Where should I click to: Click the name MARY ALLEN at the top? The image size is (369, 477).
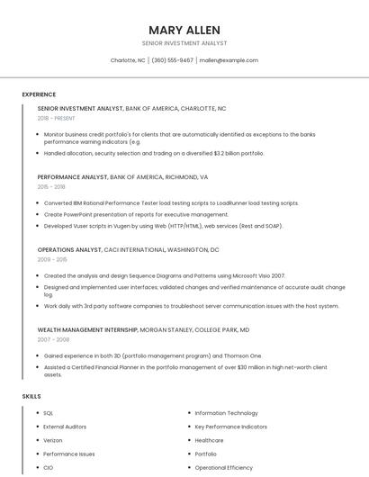pyautogui.click(x=184, y=30)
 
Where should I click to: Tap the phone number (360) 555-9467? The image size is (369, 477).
pyautogui.click(x=172, y=60)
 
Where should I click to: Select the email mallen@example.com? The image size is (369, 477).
pyautogui.click(x=229, y=60)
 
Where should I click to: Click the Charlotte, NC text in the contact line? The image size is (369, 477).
pyautogui.click(x=128, y=60)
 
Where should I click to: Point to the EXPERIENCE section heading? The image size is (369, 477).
pyautogui.click(x=39, y=94)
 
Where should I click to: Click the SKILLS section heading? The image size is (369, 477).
pyautogui.click(x=31, y=396)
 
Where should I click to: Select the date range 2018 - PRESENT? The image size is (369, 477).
pyautogui.click(x=57, y=118)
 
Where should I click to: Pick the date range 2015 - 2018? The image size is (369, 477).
pyautogui.click(x=51, y=187)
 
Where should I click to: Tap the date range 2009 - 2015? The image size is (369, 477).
pyautogui.click(x=51, y=259)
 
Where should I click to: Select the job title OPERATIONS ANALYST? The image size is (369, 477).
pyautogui.click(x=69, y=249)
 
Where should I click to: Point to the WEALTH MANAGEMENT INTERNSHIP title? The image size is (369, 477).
pyautogui.click(x=87, y=329)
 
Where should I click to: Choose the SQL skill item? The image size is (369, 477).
pyautogui.click(x=49, y=413)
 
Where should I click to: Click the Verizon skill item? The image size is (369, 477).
pyautogui.click(x=53, y=440)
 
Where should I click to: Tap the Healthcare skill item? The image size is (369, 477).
pyautogui.click(x=209, y=440)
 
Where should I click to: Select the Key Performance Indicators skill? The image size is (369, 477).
pyautogui.click(x=230, y=427)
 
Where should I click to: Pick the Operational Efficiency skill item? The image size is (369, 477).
pyautogui.click(x=224, y=468)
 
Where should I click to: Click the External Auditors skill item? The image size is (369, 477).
pyautogui.click(x=65, y=427)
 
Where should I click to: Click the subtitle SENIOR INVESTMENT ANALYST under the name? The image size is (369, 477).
pyautogui.click(x=184, y=43)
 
